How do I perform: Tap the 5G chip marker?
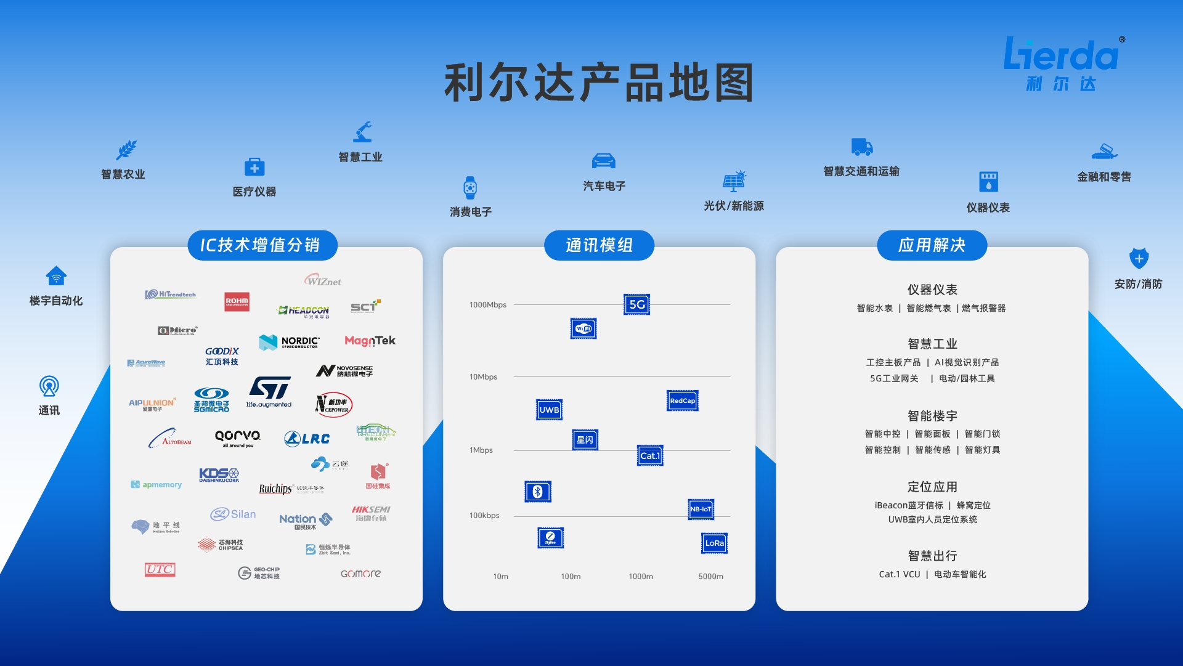pyautogui.click(x=636, y=304)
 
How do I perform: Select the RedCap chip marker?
pyautogui.click(x=682, y=400)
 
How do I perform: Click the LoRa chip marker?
pyautogui.click(x=714, y=543)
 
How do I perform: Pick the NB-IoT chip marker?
pyautogui.click(x=701, y=509)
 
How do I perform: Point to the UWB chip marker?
pyautogui.click(x=549, y=410)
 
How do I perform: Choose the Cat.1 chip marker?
pyautogui.click(x=649, y=456)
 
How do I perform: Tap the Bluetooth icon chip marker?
pyautogui.click(x=537, y=492)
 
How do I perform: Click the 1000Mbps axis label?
pyautogui.click(x=487, y=305)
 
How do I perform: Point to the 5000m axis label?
pyautogui.click(x=710, y=577)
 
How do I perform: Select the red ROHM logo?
pyautogui.click(x=237, y=301)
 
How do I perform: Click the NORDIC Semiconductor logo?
pyautogui.click(x=290, y=342)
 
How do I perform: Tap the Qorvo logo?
pyautogui.click(x=238, y=437)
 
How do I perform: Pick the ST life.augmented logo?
pyautogui.click(x=269, y=392)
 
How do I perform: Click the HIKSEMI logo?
pyautogui.click(x=371, y=513)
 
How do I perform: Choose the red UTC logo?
pyautogui.click(x=160, y=569)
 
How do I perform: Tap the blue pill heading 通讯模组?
pyautogui.click(x=599, y=245)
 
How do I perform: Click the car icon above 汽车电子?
pyautogui.click(x=603, y=161)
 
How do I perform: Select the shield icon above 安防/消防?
pyautogui.click(x=1138, y=259)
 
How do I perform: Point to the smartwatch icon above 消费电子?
pyautogui.click(x=470, y=187)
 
